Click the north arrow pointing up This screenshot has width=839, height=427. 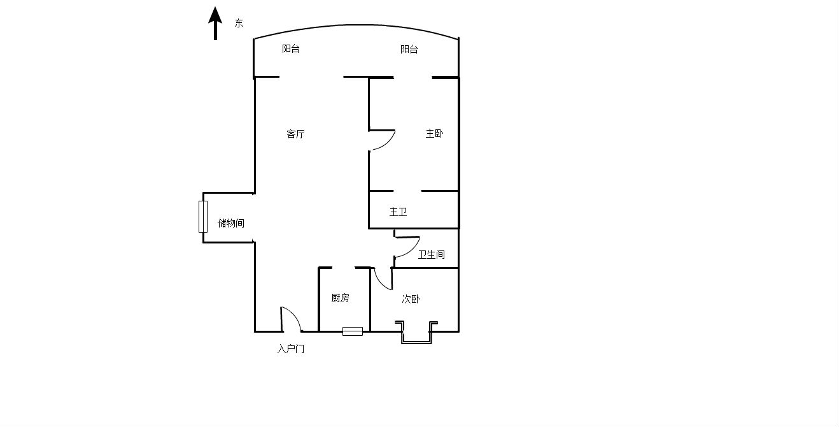point(215,23)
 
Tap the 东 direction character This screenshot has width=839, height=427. point(239,23)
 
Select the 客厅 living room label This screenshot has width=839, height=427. point(295,134)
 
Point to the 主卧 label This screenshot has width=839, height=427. point(434,133)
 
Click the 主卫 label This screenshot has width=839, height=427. point(398,212)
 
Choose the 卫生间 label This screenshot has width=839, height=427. point(432,254)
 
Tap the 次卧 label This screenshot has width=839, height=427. point(411,299)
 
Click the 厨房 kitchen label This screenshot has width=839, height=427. point(340,298)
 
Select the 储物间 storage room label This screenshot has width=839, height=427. point(230,223)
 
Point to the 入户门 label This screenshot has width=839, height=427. point(291,349)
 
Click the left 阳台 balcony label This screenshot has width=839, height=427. point(291,48)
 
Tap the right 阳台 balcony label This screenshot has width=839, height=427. point(409,49)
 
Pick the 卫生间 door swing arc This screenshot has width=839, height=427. point(413,250)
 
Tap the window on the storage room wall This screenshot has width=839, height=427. point(203,217)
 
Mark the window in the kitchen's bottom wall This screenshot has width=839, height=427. point(353,331)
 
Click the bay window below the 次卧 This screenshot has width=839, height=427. point(416,333)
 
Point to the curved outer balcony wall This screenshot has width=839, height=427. point(356,25)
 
